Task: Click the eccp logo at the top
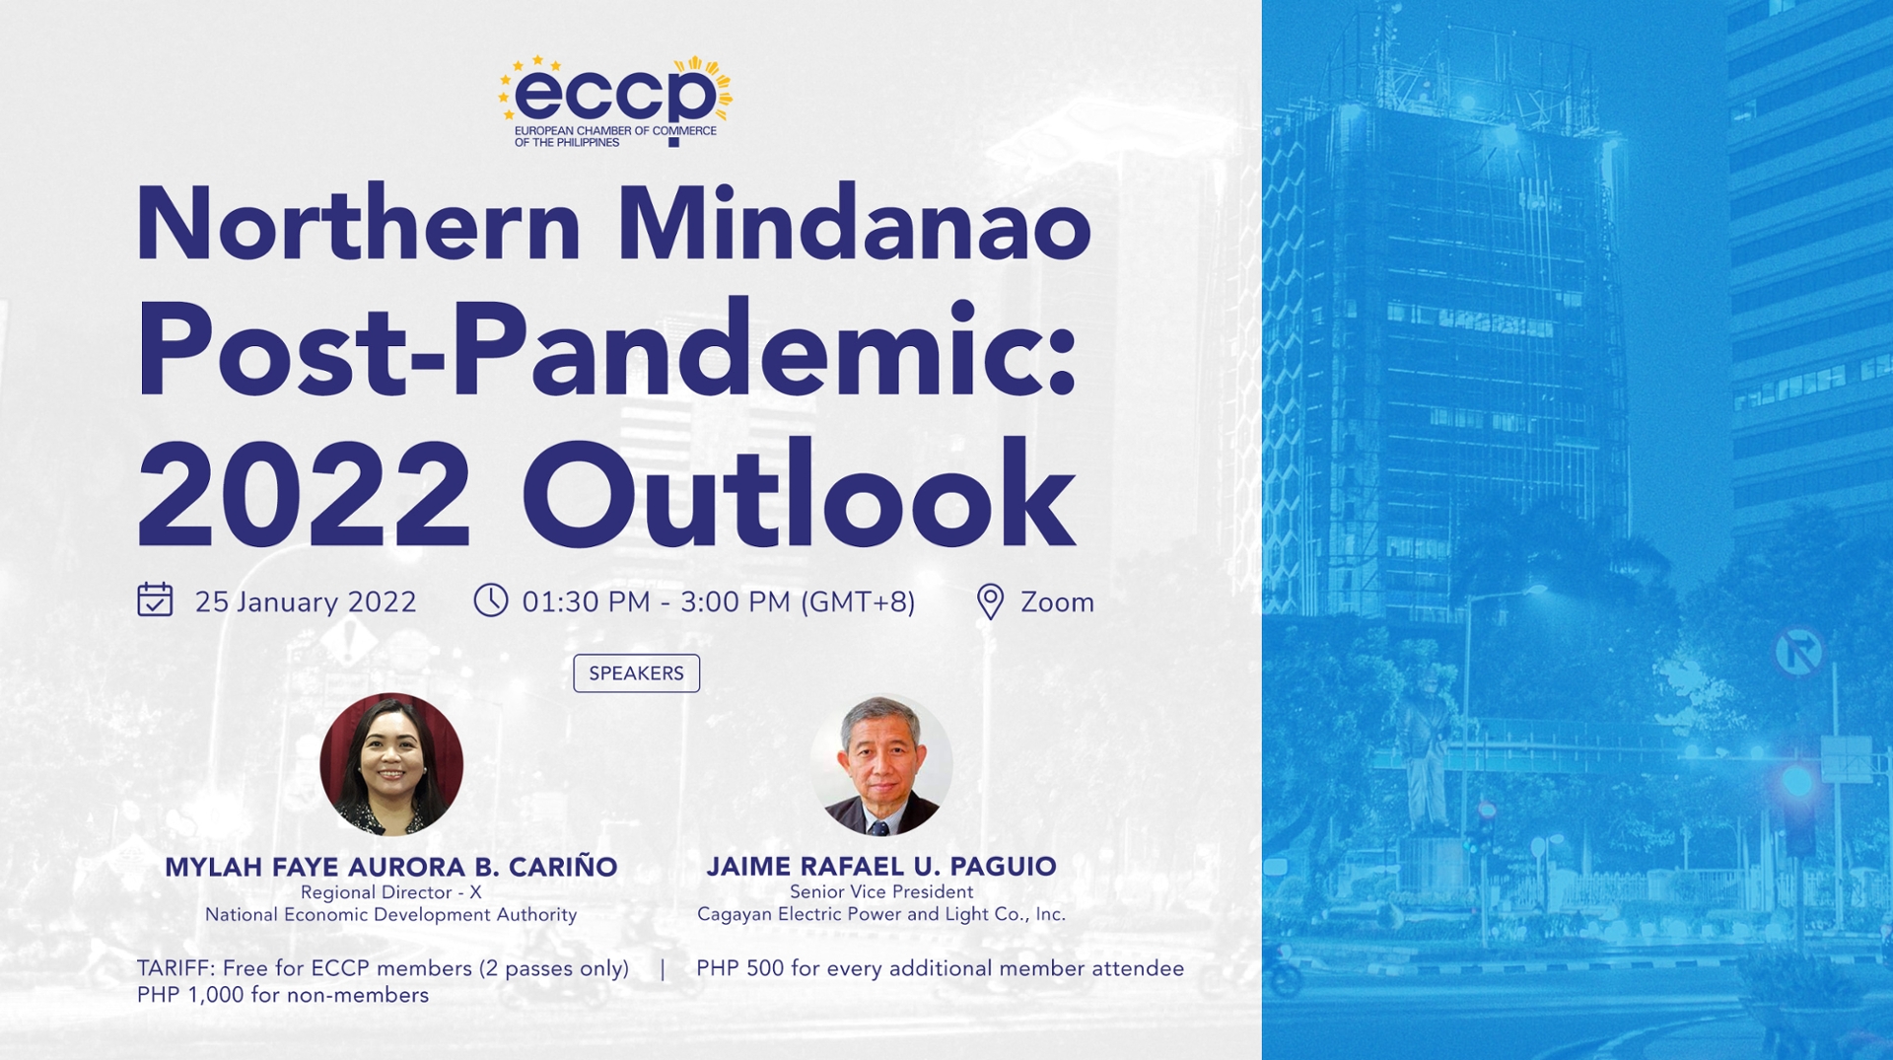[x=615, y=101]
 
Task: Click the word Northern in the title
[x=358, y=225]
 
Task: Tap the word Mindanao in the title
[x=854, y=225]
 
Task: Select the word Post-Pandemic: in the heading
[x=606, y=353]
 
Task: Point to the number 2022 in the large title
[x=304, y=495]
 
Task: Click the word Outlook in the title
[x=799, y=495]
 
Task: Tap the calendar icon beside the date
[x=155, y=600]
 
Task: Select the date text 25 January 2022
[x=306, y=601]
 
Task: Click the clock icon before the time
[x=490, y=600]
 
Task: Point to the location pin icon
[x=990, y=601]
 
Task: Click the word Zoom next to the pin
[x=1057, y=601]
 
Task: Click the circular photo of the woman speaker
[x=391, y=764]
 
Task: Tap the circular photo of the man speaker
[x=880, y=764]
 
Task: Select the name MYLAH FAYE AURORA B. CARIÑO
[x=390, y=867]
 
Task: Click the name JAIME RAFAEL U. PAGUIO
[x=881, y=866]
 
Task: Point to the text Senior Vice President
[x=881, y=891]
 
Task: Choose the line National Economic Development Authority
[x=390, y=915]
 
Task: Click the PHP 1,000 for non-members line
[x=283, y=995]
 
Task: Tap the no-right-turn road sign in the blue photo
[x=1798, y=651]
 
